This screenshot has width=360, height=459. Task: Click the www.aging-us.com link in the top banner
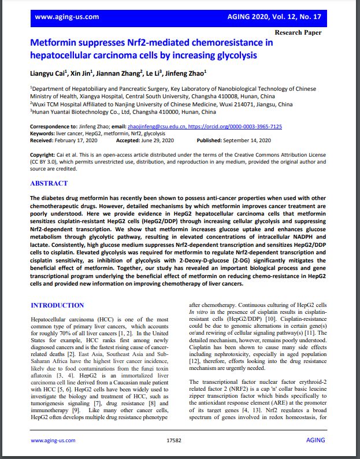click(66, 17)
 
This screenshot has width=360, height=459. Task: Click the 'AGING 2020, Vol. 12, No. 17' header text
click(280, 17)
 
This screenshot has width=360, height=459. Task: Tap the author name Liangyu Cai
click(47, 73)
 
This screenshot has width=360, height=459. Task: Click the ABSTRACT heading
click(49, 183)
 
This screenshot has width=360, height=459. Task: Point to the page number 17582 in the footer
click(174, 441)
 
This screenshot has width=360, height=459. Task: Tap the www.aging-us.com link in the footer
click(53, 441)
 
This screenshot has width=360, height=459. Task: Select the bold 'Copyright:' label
click(43, 155)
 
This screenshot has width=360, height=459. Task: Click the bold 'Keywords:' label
click(43, 133)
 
